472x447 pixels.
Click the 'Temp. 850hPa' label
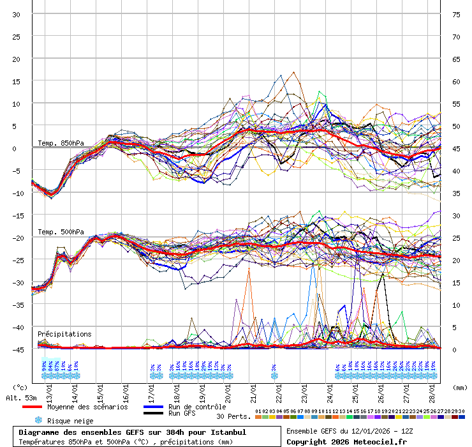point(61,143)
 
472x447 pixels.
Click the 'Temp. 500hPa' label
point(61,232)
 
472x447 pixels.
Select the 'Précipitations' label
point(64,334)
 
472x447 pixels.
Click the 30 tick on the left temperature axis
point(17,15)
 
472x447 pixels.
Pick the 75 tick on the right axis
point(456,15)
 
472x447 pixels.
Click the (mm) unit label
point(459,387)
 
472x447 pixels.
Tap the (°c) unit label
point(20,387)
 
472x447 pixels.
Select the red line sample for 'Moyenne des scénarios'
point(32,407)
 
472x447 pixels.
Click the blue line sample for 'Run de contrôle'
point(152,407)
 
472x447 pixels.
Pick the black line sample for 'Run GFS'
point(152,414)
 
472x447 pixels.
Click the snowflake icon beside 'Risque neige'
point(38,420)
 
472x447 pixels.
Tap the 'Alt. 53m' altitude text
point(22,398)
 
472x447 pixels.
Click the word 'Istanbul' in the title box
point(226,432)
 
